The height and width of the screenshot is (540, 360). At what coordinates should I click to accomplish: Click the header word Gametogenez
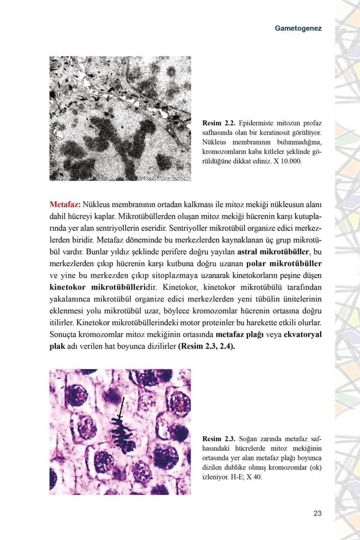pyautogui.click(x=298, y=28)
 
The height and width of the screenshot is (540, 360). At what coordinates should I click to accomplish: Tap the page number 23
pyautogui.click(x=317, y=513)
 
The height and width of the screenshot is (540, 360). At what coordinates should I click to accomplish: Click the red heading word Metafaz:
pyautogui.click(x=65, y=205)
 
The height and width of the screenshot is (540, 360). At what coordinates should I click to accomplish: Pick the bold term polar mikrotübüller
pyautogui.click(x=284, y=263)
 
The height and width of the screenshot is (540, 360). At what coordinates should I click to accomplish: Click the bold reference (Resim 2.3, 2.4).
pyautogui.click(x=207, y=346)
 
